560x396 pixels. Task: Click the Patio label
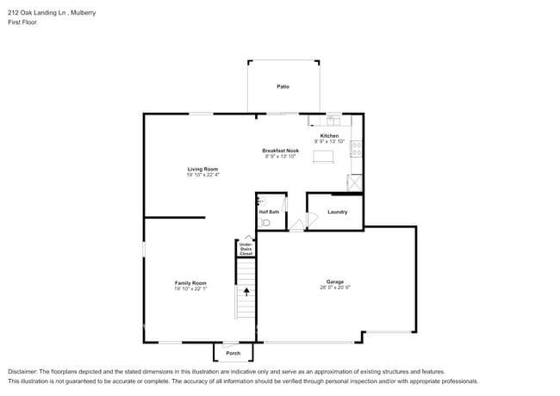click(x=283, y=86)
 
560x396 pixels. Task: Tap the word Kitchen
click(x=329, y=136)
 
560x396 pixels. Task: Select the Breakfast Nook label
click(x=280, y=151)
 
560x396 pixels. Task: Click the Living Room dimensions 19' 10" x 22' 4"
click(x=202, y=175)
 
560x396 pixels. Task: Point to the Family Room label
click(x=190, y=282)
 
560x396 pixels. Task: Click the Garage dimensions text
click(x=334, y=288)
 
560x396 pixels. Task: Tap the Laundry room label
click(x=337, y=211)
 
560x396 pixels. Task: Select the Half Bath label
click(x=269, y=212)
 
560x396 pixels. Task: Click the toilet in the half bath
click(x=265, y=222)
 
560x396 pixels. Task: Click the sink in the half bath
click(x=262, y=201)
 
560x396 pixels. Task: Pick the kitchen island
click(x=323, y=156)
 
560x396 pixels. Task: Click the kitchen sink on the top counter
click(x=333, y=119)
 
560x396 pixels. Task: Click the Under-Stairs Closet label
click(x=246, y=250)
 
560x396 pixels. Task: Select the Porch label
click(x=233, y=353)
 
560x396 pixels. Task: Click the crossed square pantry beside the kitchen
click(x=353, y=183)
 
